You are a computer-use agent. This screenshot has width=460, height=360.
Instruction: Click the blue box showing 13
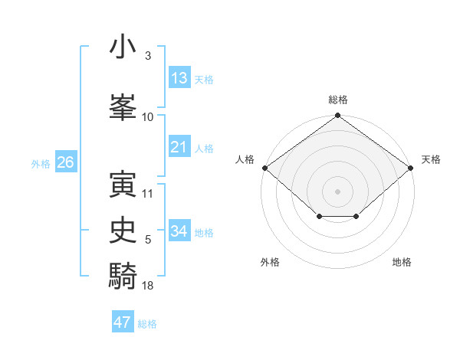tap(179, 77)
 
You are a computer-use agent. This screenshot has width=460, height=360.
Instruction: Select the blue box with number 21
tap(179, 147)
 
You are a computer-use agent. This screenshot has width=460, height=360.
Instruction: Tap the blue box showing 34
tap(179, 231)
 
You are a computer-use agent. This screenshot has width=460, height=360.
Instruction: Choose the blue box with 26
tap(65, 162)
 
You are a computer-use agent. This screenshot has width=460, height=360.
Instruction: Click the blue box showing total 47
tap(123, 322)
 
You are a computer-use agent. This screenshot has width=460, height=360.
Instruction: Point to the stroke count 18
tap(148, 285)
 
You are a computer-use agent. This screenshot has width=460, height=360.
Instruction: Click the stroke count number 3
tap(148, 56)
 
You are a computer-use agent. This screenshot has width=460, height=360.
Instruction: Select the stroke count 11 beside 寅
tap(148, 194)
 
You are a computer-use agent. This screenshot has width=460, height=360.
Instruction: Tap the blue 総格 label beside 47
tap(147, 324)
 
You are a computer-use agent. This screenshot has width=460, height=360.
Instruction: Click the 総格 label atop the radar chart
tap(338, 100)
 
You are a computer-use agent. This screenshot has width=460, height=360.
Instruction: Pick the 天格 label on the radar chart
tap(431, 159)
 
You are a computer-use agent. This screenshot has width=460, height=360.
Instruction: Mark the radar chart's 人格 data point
tap(264, 168)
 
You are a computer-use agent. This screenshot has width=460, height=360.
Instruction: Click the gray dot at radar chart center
tap(338, 191)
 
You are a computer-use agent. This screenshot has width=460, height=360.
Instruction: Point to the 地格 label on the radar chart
tap(402, 262)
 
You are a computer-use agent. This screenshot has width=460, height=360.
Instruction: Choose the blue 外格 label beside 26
tap(41, 164)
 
